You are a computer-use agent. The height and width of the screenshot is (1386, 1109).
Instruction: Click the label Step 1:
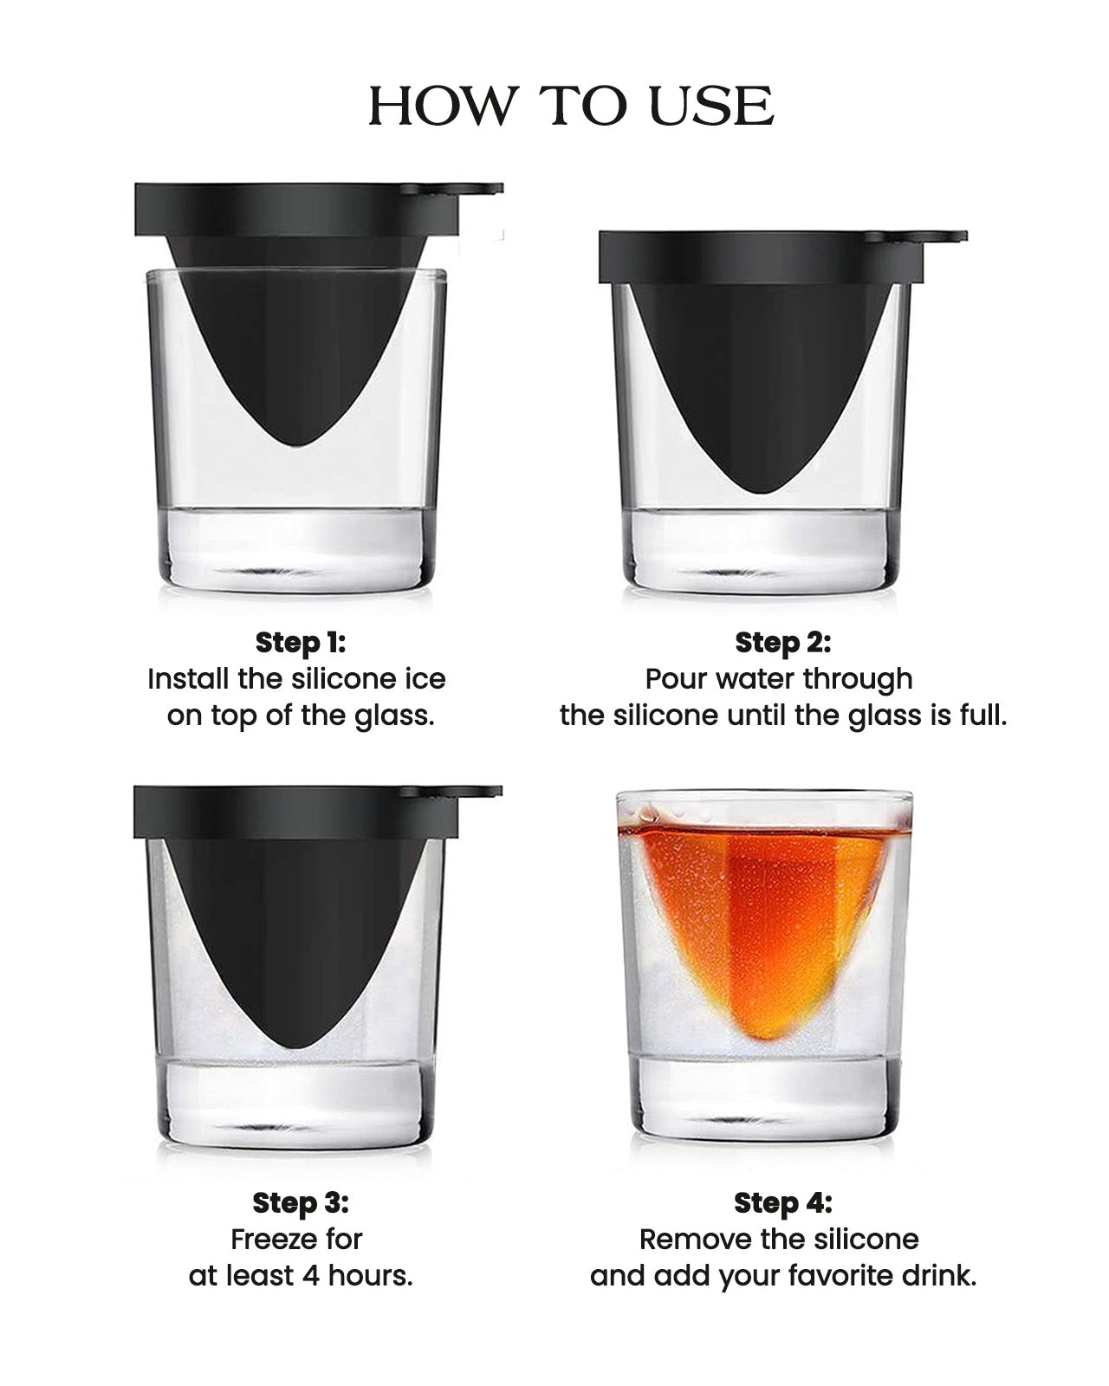tap(300, 643)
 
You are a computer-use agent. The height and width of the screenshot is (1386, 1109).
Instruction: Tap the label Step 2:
tap(782, 643)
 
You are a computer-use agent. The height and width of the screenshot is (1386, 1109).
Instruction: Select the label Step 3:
tap(300, 1202)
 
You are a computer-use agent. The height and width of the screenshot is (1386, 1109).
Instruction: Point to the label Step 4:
tap(782, 1202)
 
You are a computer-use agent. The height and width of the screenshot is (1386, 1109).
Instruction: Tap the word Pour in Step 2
tap(676, 678)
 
